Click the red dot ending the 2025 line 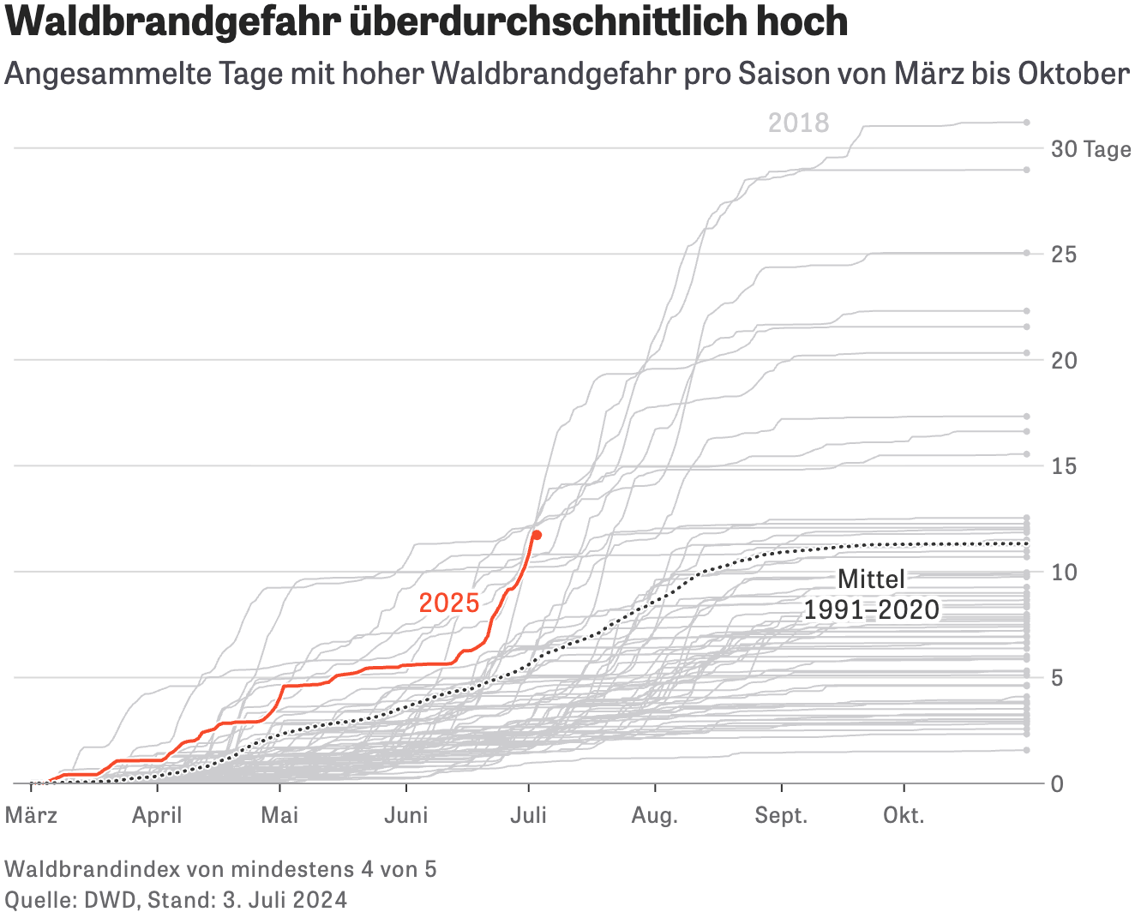pos(537,535)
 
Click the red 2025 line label pos(449,603)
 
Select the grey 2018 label pos(798,123)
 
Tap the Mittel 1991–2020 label pos(871,595)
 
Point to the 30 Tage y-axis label pos(1090,149)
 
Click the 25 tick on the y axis pos(1064,255)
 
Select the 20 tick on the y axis pos(1064,360)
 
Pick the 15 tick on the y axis pos(1064,466)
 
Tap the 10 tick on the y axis pos(1064,572)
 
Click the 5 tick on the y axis pos(1058,678)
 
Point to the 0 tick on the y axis pos(1058,783)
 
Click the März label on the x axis pos(32,815)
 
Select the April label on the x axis pos(157,815)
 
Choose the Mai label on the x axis pos(279,815)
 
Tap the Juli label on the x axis pos(528,815)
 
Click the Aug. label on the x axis pos(655,815)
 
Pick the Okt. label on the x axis pos(904,815)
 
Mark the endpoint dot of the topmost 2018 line pos(1026,123)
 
